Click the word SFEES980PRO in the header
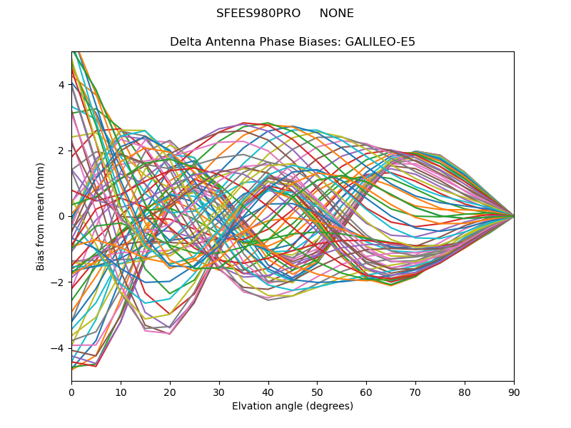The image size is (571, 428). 258,14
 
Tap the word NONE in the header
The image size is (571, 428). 336,14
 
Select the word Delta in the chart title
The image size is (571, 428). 185,42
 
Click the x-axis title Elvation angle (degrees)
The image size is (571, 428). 293,407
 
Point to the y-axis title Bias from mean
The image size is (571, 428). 41,216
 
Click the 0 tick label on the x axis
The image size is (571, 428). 71,392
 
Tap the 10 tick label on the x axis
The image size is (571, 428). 121,392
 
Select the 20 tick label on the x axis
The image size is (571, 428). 170,392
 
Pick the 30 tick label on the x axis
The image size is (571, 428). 219,392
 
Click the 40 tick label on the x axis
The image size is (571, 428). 268,392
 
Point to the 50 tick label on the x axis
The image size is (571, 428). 317,392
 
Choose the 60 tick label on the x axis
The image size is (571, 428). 366,392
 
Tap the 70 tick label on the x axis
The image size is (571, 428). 415,392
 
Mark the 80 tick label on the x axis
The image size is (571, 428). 465,392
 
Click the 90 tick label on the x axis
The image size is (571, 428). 514,392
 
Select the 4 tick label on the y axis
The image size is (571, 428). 61,85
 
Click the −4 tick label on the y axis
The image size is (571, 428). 59,348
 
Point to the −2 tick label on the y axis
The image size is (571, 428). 59,282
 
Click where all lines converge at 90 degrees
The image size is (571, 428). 513,216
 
